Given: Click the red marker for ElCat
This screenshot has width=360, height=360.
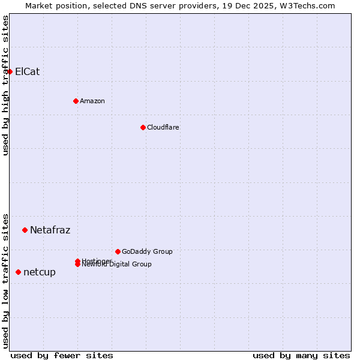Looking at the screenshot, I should [x=10, y=71].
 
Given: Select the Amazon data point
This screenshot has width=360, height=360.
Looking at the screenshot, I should [x=76, y=101].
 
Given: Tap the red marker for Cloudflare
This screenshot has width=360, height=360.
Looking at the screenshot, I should [x=143, y=127].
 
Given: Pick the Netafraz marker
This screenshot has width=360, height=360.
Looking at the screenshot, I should [x=25, y=230].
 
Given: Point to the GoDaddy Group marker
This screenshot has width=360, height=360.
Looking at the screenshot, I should [x=118, y=251].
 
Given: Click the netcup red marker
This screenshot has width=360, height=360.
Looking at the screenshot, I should [x=18, y=272].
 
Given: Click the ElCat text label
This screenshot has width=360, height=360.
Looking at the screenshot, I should [x=28, y=71].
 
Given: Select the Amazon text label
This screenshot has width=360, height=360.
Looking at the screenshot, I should [x=92, y=101].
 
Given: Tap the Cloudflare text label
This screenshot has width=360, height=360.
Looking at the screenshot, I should [x=163, y=127].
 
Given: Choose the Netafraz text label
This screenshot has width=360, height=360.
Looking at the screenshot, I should [x=50, y=230].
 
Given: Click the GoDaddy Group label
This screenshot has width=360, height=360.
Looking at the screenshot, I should [x=147, y=251].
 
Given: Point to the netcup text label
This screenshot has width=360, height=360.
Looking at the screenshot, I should [x=40, y=272].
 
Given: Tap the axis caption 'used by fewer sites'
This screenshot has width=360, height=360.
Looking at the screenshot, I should [x=62, y=355].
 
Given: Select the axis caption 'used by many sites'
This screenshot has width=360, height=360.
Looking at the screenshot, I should [x=301, y=355].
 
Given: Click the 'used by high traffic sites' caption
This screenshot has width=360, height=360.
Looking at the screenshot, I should [x=5, y=85].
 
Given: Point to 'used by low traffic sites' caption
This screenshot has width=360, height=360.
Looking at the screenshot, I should [x=5, y=280].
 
